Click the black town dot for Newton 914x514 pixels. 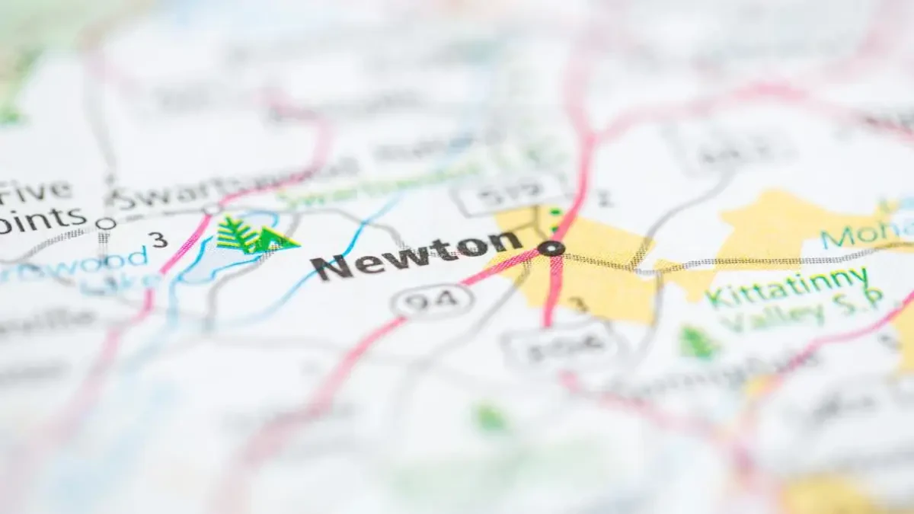point(550,248)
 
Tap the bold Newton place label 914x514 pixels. point(416,254)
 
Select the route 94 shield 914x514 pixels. point(433,302)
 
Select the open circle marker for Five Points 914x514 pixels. point(106,224)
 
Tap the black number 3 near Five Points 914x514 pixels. point(158,240)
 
